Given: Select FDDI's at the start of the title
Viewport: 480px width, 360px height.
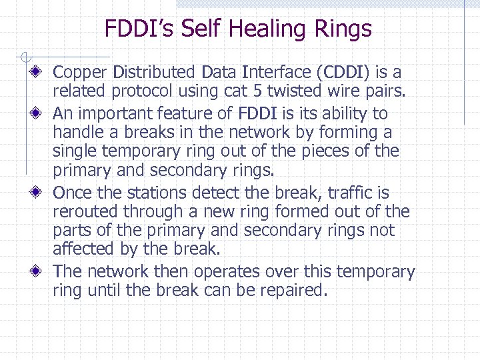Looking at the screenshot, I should [139, 29].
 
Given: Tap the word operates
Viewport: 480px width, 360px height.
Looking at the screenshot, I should [233, 272].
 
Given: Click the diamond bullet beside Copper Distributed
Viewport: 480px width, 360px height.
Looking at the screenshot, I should [42, 72].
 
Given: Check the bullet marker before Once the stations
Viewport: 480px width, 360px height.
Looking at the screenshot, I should [42, 193].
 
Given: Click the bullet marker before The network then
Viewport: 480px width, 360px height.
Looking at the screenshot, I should [42, 272].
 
